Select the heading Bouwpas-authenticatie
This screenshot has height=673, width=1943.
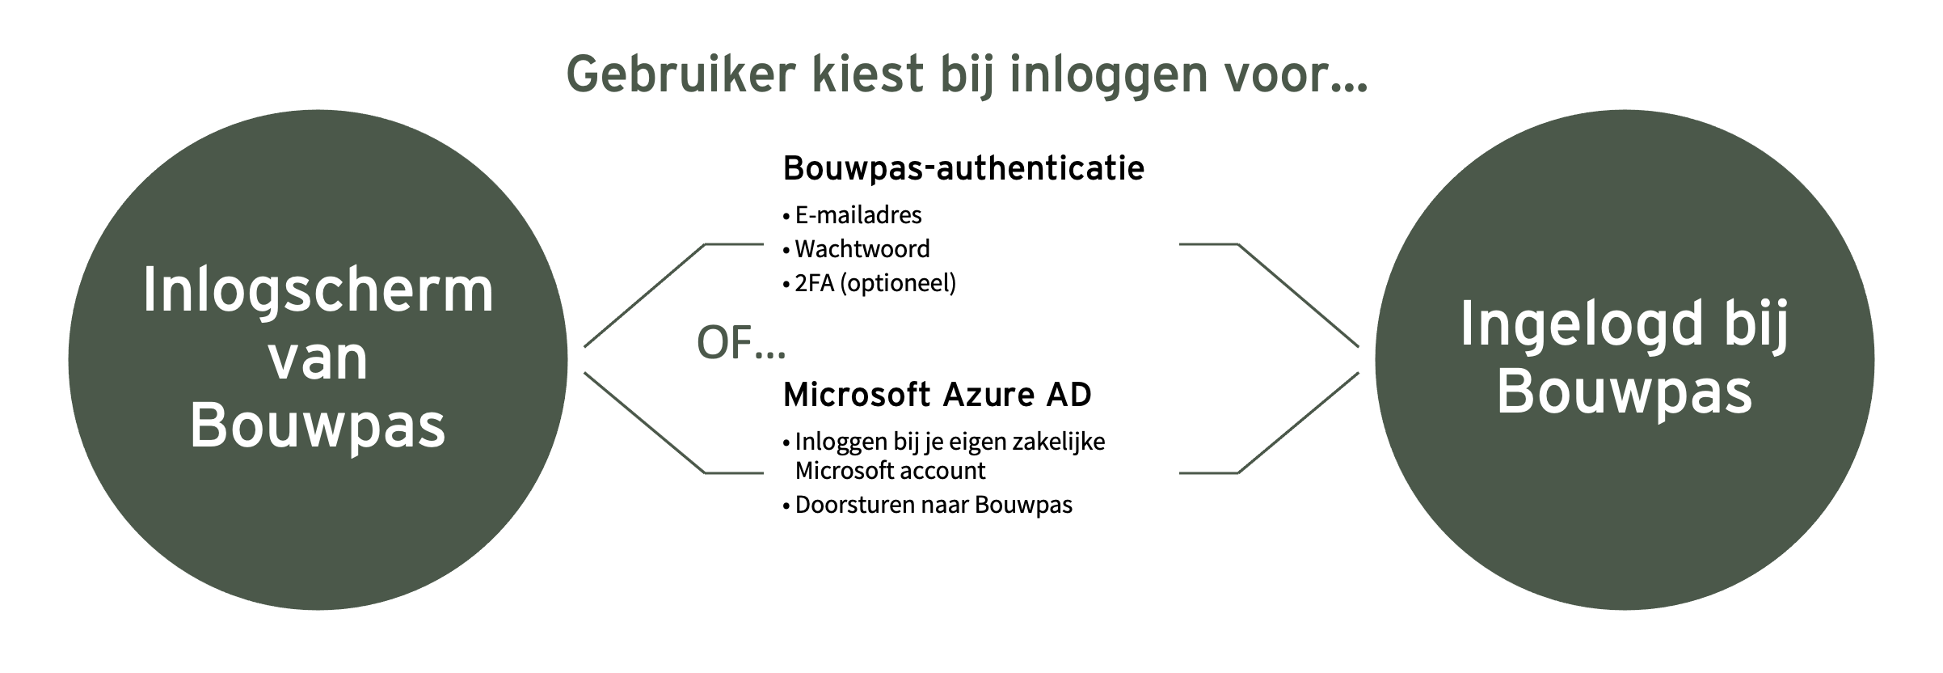coord(963,168)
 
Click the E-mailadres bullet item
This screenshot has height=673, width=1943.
coord(853,215)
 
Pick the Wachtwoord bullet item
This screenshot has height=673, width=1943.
coord(857,249)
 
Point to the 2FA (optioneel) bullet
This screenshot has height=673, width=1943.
coord(870,283)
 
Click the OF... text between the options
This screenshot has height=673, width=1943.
coord(741,343)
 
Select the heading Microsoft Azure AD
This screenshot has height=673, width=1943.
coord(938,395)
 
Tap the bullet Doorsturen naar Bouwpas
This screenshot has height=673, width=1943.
coord(928,505)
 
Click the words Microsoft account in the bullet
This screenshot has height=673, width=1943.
coord(891,471)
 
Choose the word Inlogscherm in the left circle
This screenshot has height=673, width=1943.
coord(318,292)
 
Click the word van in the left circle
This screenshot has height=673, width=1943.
coord(318,360)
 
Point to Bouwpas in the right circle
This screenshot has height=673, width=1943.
coord(1625,393)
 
